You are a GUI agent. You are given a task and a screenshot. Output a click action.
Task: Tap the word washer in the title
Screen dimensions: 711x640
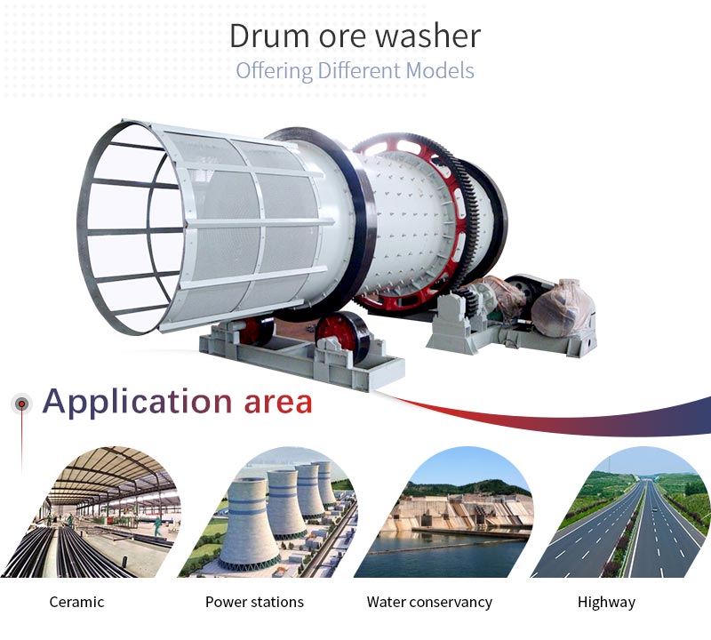(428, 36)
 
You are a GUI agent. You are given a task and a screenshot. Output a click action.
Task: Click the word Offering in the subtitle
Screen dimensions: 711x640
(275, 72)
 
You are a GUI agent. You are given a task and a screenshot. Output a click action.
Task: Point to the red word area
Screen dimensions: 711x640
(278, 403)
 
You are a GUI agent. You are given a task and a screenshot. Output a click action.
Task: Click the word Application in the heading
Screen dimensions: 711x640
(138, 403)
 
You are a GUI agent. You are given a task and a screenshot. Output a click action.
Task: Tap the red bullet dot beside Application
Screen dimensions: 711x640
(21, 404)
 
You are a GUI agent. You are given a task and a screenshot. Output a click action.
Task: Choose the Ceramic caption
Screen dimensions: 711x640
(76, 602)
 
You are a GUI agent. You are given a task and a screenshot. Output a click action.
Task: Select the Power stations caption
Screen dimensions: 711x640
(254, 602)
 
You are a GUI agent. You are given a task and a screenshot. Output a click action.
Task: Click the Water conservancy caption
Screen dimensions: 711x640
(429, 603)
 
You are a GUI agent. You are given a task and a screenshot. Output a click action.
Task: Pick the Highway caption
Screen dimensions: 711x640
(606, 603)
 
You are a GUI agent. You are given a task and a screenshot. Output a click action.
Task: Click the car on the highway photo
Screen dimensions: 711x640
(653, 510)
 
